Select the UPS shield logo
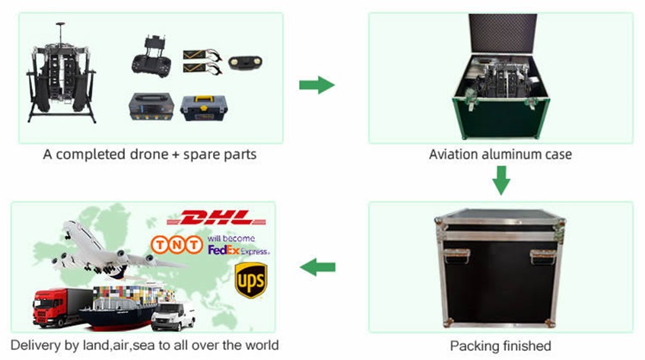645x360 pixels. pyautogui.click(x=250, y=279)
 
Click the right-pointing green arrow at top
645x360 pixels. pyautogui.click(x=316, y=84)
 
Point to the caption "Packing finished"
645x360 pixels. pyautogui.click(x=500, y=345)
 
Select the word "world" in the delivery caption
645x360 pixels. pyautogui.click(x=259, y=345)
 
